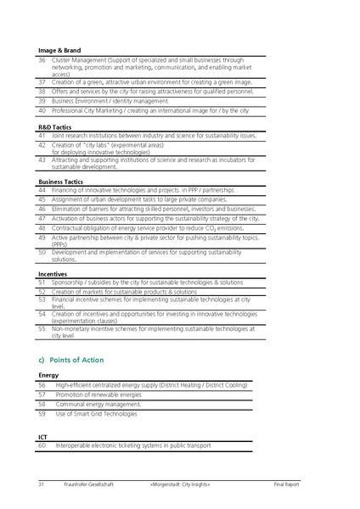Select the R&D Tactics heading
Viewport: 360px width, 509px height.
pyautogui.click(x=54, y=126)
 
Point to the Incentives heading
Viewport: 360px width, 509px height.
pyautogui.click(x=53, y=274)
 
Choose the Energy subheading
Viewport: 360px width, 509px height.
pyautogui.click(x=49, y=375)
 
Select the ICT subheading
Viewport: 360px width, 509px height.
pyautogui.click(x=43, y=436)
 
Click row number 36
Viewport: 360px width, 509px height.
pyautogui.click(x=42, y=60)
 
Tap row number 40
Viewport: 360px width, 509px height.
pyautogui.click(x=42, y=110)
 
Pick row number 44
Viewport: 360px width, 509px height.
pyautogui.click(x=42, y=190)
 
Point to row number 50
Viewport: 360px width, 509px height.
pyautogui.click(x=42, y=252)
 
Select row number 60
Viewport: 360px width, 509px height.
pyautogui.click(x=42, y=445)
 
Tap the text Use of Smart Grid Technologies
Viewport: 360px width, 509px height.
pyautogui.click(x=96, y=414)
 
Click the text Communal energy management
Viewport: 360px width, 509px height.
pyautogui.click(x=98, y=404)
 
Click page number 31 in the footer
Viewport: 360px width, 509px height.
pyautogui.click(x=41, y=484)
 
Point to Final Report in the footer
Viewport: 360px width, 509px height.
pyautogui.click(x=286, y=484)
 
